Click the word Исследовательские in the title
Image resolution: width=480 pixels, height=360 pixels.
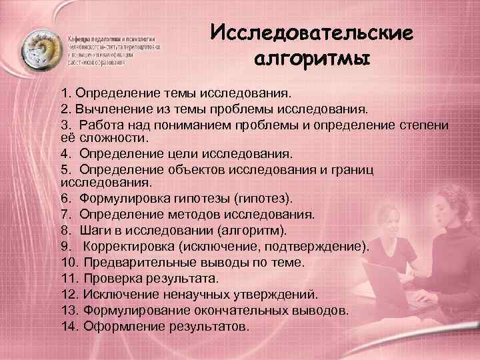[x=311, y=33]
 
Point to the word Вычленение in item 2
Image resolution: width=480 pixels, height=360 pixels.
[x=111, y=108]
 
